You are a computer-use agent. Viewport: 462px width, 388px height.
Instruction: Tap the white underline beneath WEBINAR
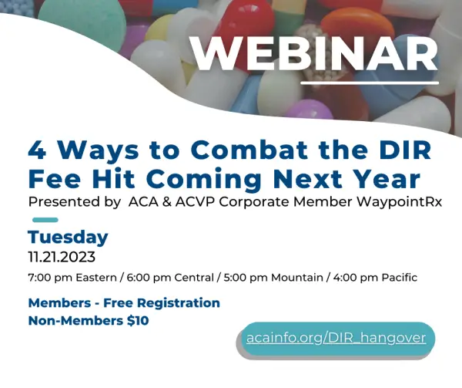click(x=369, y=83)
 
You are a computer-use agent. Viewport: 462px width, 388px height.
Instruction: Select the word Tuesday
click(x=68, y=237)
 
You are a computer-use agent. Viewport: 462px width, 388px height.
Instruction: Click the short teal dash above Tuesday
click(x=44, y=220)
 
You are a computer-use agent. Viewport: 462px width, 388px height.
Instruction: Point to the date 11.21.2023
click(x=62, y=256)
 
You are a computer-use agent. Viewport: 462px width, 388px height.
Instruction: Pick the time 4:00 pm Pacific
click(x=369, y=278)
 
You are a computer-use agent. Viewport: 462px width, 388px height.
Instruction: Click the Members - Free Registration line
click(x=124, y=303)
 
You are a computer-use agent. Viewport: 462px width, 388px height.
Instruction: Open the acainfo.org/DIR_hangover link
click(x=336, y=339)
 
